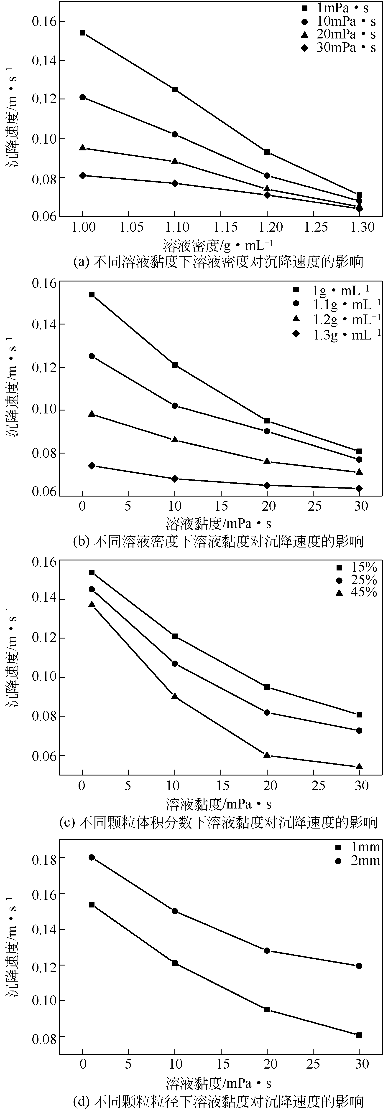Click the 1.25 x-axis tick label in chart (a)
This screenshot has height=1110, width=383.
point(316,227)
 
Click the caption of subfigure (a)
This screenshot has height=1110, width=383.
point(218,261)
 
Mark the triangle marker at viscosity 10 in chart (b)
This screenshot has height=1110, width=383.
point(175,440)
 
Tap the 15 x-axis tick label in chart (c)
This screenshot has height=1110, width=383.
point(222,786)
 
